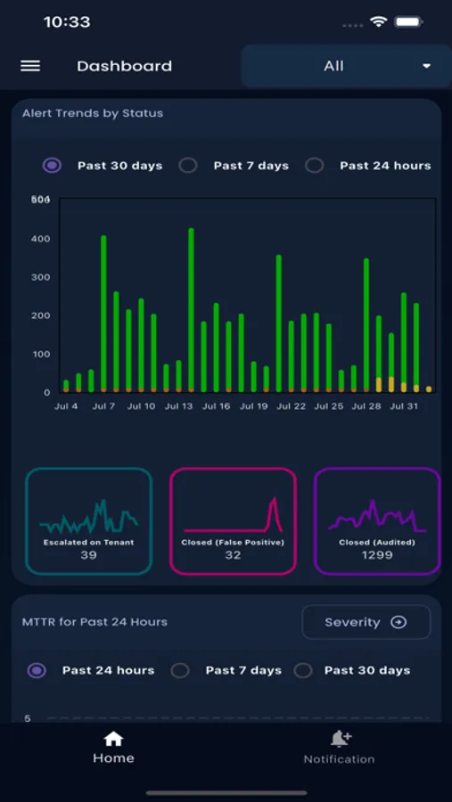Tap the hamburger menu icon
30,66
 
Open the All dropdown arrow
426,66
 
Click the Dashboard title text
124,66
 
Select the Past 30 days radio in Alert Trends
53,165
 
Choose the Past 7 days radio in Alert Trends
188,165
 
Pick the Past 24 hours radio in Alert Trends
314,165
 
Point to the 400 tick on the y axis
41,239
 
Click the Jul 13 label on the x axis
179,406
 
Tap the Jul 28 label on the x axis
366,406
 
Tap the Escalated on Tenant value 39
88,555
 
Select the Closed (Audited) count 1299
378,555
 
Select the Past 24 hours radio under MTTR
37,670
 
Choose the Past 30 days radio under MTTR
303,670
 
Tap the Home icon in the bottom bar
113,739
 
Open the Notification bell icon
340,739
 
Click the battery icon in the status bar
409,21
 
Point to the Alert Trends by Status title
93,113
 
